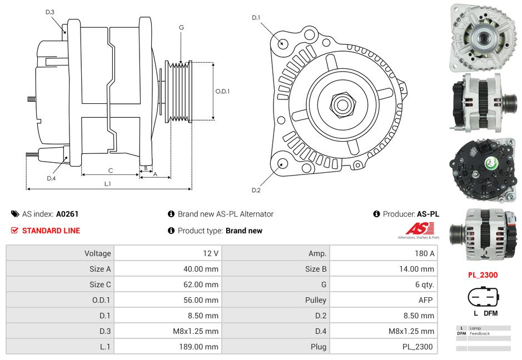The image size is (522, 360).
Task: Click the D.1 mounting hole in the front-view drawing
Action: [283, 43]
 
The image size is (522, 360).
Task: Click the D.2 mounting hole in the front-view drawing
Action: [282, 163]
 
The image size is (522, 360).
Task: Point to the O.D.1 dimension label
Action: [222, 92]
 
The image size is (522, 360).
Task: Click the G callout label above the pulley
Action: [181, 27]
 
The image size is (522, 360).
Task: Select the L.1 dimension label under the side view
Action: [108, 183]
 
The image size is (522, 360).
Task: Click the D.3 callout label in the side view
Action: [49, 12]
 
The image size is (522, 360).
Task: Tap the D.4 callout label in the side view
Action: [51, 178]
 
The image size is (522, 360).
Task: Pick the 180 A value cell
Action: [384, 253]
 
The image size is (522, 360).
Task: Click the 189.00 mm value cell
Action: [167, 347]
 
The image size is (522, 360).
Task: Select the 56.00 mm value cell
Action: [167, 300]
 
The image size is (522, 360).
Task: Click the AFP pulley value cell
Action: [384, 300]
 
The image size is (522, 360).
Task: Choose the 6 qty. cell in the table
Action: [384, 284]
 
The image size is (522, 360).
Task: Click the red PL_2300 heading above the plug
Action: [482, 275]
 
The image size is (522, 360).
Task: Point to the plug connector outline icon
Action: [482, 297]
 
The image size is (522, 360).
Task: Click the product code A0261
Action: [67, 214]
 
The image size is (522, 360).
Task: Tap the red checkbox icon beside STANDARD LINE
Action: [15, 231]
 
